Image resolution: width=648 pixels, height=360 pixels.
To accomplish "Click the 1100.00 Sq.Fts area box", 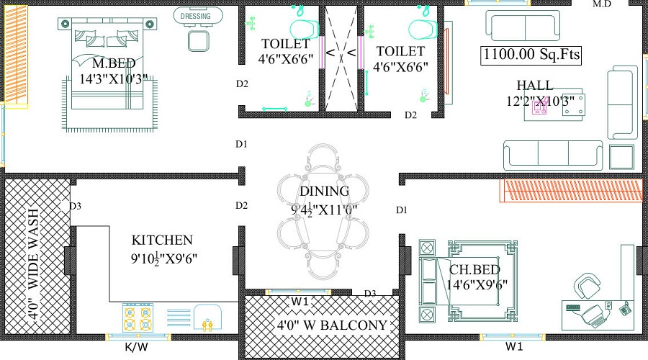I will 532,55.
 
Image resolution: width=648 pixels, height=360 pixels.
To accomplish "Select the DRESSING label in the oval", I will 195,15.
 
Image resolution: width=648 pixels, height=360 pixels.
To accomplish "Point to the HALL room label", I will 535,85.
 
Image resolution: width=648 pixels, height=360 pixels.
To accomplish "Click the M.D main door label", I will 602,4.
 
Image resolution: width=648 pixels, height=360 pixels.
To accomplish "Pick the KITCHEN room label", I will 162,240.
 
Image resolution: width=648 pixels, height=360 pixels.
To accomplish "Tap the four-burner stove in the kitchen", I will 138,317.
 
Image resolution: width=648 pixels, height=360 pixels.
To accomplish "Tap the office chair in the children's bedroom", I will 588,284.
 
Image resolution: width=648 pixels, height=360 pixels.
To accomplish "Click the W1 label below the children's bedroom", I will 514,347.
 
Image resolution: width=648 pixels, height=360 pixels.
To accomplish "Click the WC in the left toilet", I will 304,28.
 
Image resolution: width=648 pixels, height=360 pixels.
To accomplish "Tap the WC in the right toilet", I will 423,28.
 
